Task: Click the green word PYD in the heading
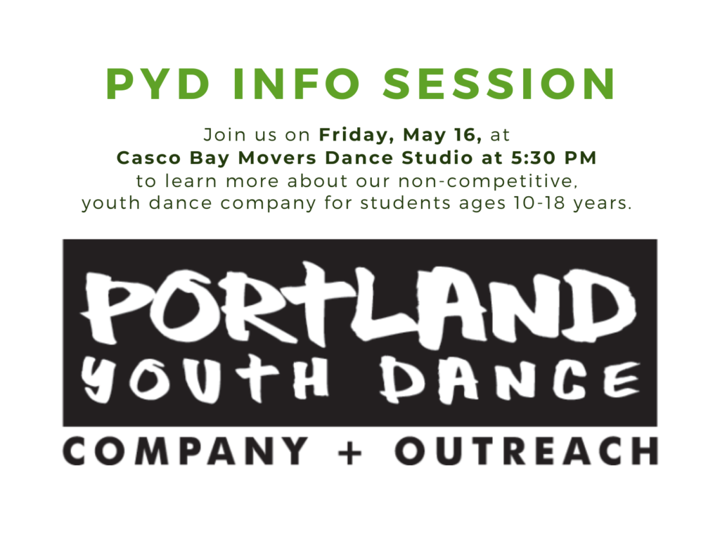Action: (x=158, y=84)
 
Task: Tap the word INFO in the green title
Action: (x=297, y=84)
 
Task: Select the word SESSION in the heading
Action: (x=499, y=84)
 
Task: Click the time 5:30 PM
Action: (x=554, y=158)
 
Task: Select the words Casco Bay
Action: (x=173, y=158)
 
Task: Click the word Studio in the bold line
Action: (x=437, y=158)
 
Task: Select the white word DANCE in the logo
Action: (x=510, y=380)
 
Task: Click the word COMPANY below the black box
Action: (x=186, y=451)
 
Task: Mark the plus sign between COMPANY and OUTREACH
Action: (x=351, y=451)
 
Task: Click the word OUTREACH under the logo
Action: (x=527, y=451)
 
